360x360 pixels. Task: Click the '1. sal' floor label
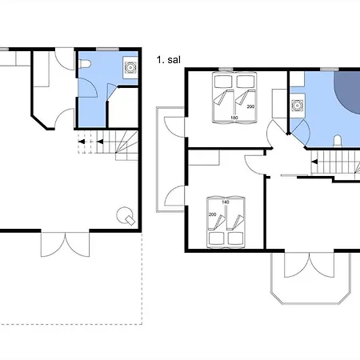coord(169,60)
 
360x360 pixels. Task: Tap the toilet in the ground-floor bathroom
coord(85,64)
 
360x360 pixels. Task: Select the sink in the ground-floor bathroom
coord(130,67)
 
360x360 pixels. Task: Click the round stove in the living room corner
coord(126,215)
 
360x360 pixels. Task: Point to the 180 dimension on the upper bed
coord(234,118)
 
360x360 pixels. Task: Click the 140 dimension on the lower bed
coord(226,202)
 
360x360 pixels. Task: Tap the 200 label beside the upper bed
coord(250,106)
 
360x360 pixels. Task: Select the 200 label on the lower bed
coord(213,214)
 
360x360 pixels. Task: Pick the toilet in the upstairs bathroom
coord(338,141)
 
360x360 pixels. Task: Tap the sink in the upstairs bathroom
coord(297,106)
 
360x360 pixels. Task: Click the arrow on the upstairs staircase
coord(314,162)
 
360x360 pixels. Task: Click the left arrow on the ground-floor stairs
coord(82,142)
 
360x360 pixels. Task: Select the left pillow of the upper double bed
coord(223,82)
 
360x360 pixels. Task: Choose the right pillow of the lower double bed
coord(235,238)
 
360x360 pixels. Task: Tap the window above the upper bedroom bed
coord(226,70)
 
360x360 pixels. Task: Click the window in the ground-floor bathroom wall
coord(107,49)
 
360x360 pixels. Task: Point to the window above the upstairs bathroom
coord(330,70)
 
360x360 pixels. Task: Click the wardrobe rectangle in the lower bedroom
coord(204,158)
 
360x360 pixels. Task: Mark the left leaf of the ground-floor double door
coord(53,245)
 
